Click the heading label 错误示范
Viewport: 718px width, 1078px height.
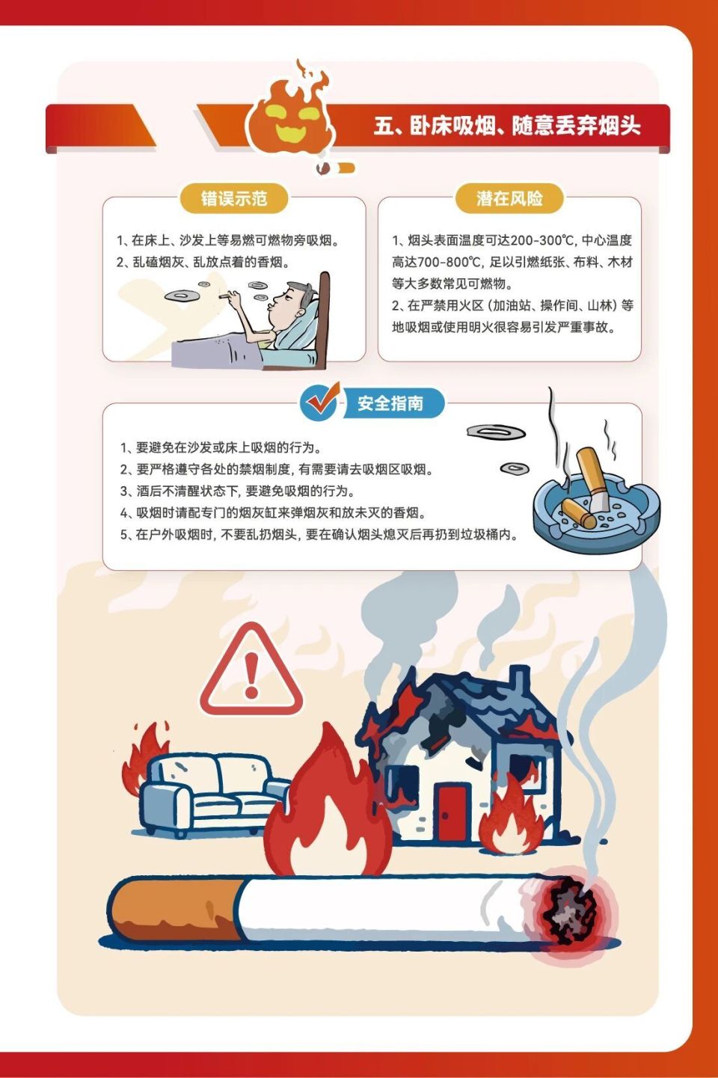[233, 198]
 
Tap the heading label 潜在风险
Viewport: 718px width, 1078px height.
[509, 198]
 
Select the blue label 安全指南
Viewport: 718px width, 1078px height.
[390, 403]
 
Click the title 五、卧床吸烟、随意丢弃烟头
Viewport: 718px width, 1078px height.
[507, 126]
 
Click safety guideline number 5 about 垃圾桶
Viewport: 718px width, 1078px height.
[319, 535]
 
